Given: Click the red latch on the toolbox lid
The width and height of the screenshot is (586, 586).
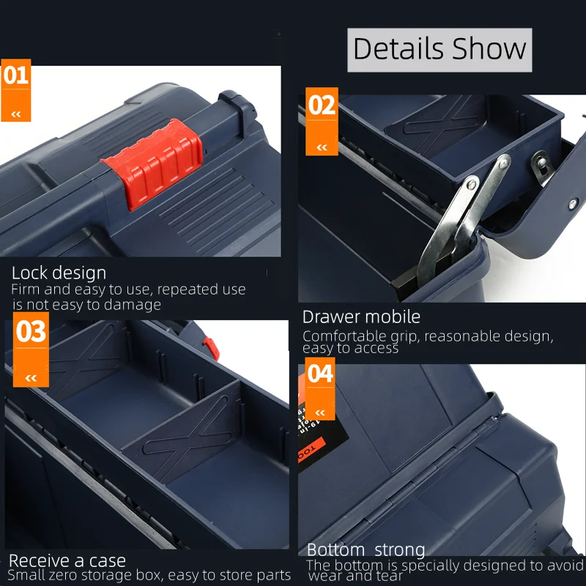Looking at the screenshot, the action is [153, 163].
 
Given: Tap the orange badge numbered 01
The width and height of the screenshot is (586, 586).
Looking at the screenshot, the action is [15, 90].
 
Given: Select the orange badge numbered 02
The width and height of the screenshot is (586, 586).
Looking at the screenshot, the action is [322, 122].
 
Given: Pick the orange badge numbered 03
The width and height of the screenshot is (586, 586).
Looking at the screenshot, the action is [31, 349].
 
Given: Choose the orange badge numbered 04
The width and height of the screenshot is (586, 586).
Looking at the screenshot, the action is [320, 389].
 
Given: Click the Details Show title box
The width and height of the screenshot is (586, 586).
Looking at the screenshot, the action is [439, 50].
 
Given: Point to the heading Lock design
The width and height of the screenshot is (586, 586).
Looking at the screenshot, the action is [59, 272].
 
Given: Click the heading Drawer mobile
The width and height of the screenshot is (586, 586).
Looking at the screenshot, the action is [361, 317].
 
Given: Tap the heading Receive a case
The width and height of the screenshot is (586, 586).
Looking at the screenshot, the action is [67, 560].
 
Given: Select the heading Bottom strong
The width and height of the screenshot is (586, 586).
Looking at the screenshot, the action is [366, 550].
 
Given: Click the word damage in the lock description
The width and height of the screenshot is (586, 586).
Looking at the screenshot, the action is [133, 305].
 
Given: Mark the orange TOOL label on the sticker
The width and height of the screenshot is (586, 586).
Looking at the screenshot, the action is [311, 450].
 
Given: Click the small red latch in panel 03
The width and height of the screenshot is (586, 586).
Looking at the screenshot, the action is [211, 349].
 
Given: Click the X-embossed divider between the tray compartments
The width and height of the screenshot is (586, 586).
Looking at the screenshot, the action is [182, 430].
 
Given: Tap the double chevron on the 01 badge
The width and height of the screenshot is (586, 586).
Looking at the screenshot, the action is [15, 114].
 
